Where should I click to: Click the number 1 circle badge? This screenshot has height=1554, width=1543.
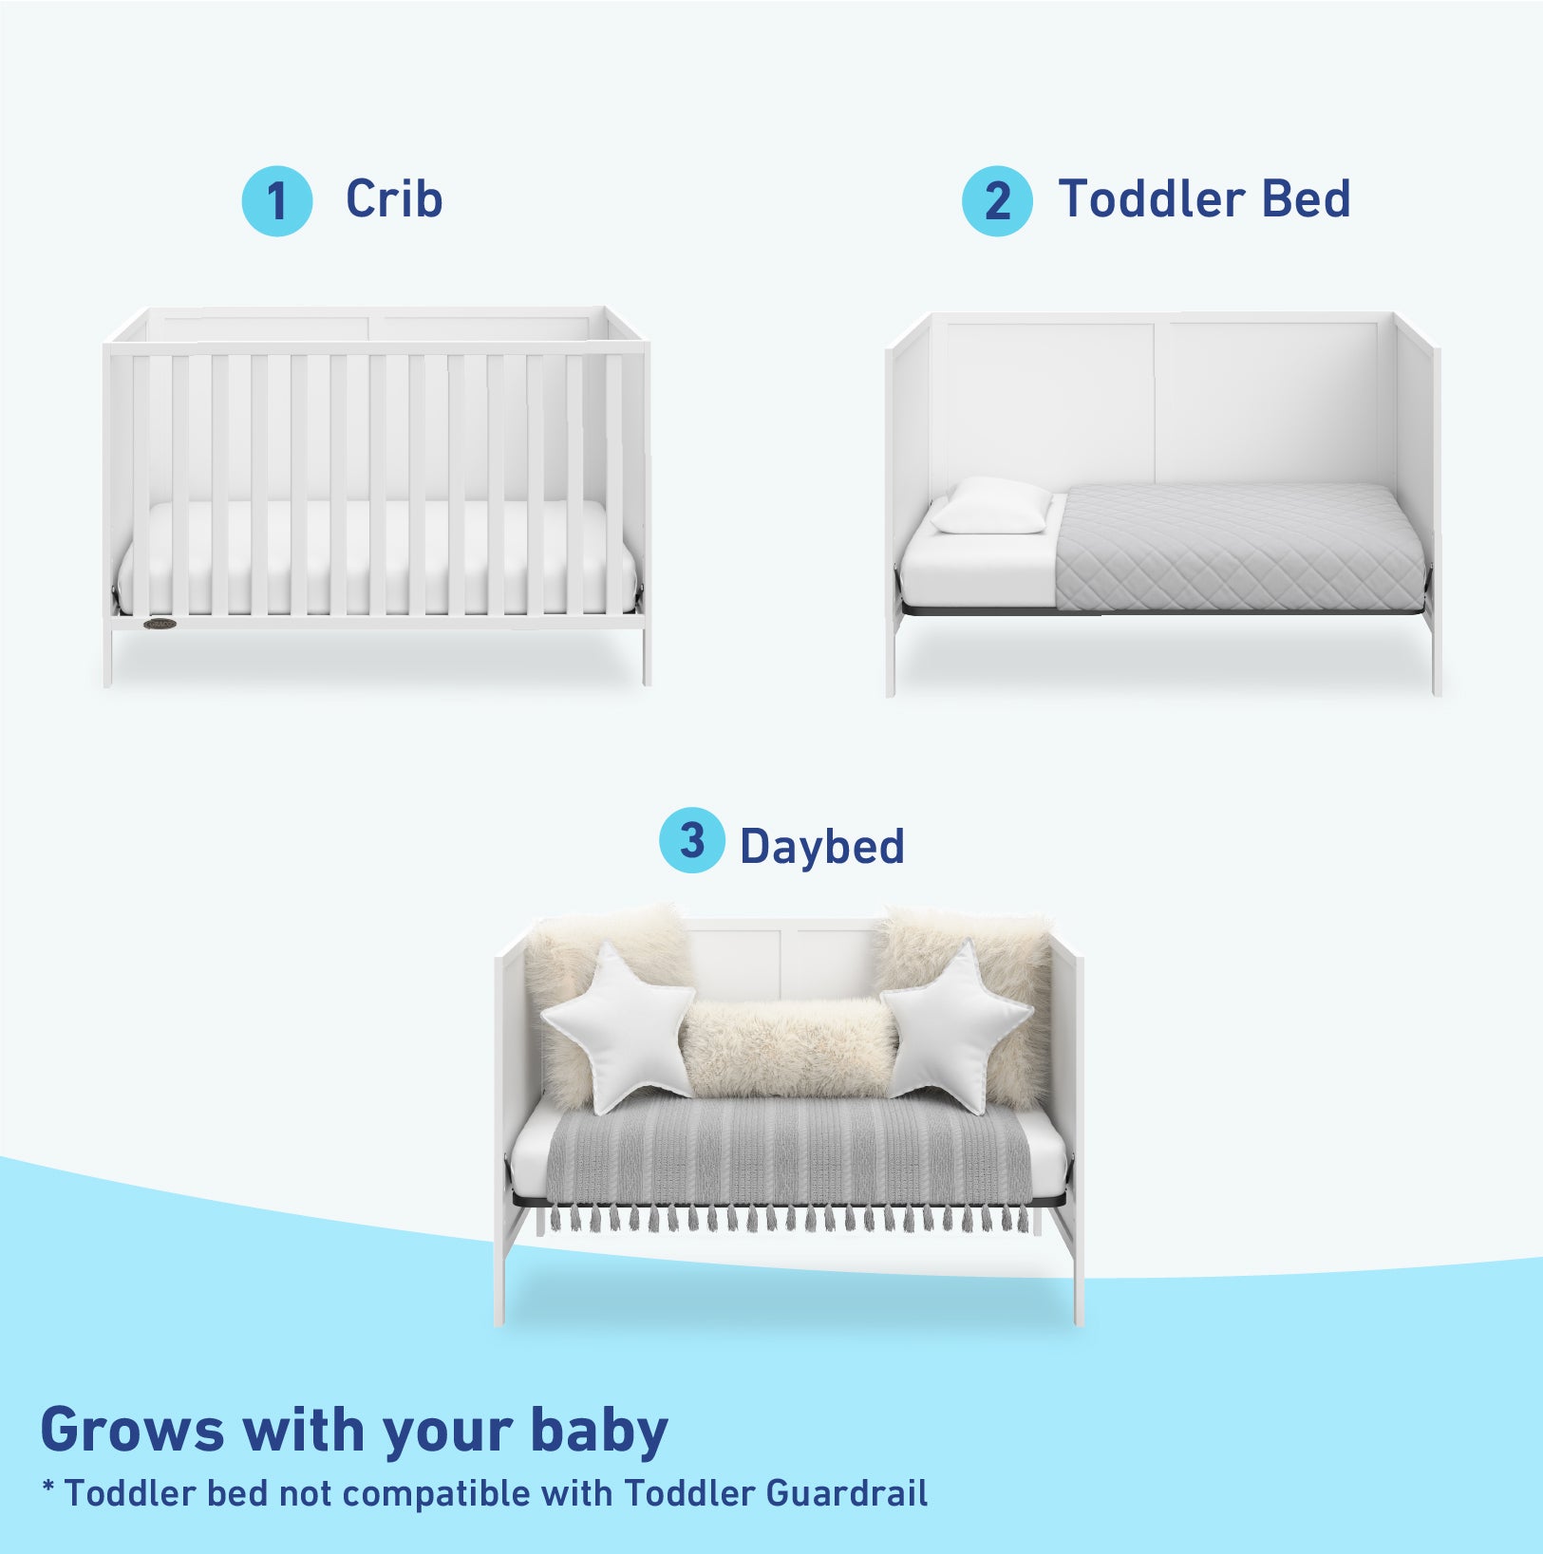click(276, 201)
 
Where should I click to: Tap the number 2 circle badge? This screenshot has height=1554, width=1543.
click(997, 201)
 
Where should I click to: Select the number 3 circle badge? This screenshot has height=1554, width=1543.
click(692, 840)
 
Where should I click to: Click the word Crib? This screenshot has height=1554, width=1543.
click(394, 200)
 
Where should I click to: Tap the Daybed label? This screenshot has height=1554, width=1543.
click(821, 846)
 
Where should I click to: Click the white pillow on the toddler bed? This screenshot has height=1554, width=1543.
click(990, 505)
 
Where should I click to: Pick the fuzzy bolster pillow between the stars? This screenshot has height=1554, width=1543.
click(788, 1047)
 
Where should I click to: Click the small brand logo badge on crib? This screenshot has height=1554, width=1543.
click(160, 624)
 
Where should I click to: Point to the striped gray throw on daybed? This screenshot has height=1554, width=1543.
click(788, 1158)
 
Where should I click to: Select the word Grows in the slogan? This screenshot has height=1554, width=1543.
click(132, 1431)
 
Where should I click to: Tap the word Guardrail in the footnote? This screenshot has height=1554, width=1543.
click(846, 1493)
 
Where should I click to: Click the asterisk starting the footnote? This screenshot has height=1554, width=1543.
click(48, 1488)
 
